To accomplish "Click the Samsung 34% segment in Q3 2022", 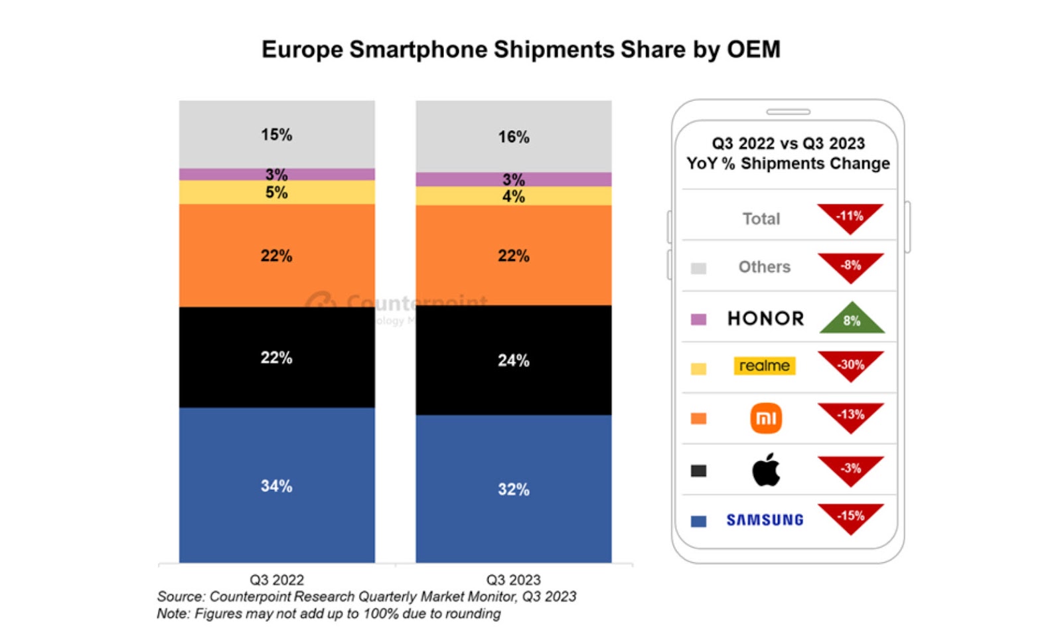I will (x=276, y=485).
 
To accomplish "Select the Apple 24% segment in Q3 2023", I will (x=513, y=360).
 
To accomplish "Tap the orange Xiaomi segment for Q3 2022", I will (x=276, y=255).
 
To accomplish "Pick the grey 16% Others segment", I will (x=513, y=136).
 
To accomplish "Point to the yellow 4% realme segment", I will (x=513, y=196).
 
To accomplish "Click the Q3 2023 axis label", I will (x=513, y=580).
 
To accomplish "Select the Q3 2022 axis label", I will (x=276, y=580).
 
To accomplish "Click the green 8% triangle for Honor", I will (x=852, y=319).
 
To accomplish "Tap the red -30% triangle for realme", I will (x=850, y=364).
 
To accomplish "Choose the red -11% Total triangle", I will (x=850, y=216).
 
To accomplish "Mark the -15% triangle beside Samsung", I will (x=850, y=516).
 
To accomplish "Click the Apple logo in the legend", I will (x=766, y=470).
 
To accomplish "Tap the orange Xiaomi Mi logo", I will (x=766, y=418).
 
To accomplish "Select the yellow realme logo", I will (x=765, y=366).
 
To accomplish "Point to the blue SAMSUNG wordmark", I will (x=765, y=520).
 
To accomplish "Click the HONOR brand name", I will (x=765, y=319).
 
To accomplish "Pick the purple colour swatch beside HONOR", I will (x=698, y=319).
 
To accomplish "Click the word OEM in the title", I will (x=753, y=50).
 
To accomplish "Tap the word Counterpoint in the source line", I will (x=248, y=596).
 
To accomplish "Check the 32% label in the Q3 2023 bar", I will (x=513, y=489).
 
